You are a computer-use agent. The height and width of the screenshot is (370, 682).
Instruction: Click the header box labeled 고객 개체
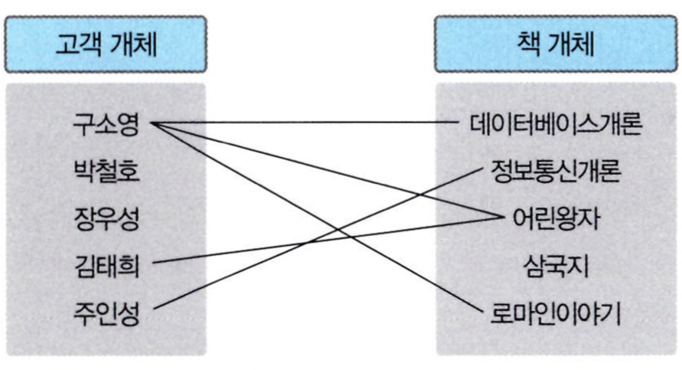pyautogui.click(x=106, y=44)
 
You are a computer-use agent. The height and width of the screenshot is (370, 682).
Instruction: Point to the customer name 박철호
pyautogui.click(x=107, y=171)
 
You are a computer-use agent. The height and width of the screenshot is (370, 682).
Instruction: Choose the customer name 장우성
pyautogui.click(x=107, y=218)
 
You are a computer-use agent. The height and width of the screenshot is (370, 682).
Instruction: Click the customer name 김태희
pyautogui.click(x=107, y=264)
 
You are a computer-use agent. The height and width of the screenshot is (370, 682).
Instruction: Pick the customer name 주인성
pyautogui.click(x=107, y=311)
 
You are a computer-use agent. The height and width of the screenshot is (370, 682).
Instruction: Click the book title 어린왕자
pyautogui.click(x=549, y=218)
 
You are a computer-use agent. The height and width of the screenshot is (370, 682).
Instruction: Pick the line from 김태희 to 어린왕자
pyautogui.click(x=230, y=252)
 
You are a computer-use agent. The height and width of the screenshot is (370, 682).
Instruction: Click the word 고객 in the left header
pyautogui.click(x=80, y=44)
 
